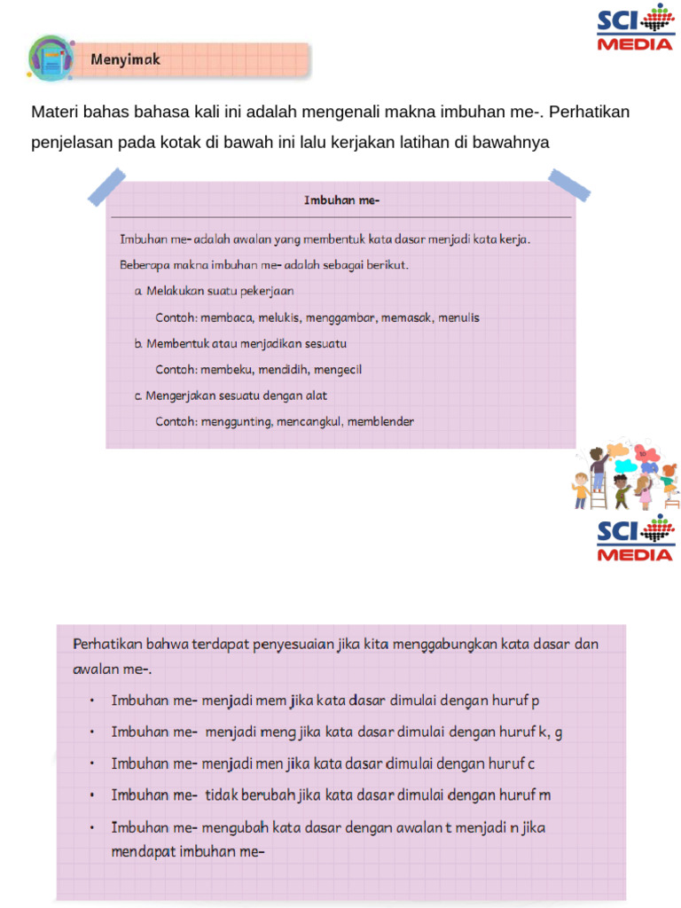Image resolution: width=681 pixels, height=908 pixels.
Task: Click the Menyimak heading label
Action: pos(125,60)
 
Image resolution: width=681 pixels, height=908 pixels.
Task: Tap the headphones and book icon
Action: pos(51,59)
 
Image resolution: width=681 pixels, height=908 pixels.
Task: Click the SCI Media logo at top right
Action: pos(634,29)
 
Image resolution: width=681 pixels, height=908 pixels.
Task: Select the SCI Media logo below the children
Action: pos(634,539)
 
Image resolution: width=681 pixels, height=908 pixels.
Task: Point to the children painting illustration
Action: pos(626,476)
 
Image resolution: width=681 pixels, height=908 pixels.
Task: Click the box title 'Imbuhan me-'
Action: pos(341,200)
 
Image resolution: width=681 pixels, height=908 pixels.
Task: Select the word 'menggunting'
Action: pos(235,422)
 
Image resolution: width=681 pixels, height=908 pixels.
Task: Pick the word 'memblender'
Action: pos(380,422)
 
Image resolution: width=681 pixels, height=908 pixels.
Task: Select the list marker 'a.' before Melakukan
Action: pos(139,291)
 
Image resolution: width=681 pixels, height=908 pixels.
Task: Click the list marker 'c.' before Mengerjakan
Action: pos(139,396)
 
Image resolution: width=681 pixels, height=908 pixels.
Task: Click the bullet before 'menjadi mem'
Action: pos(91,701)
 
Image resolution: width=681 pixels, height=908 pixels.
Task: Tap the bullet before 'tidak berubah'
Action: pos(91,795)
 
